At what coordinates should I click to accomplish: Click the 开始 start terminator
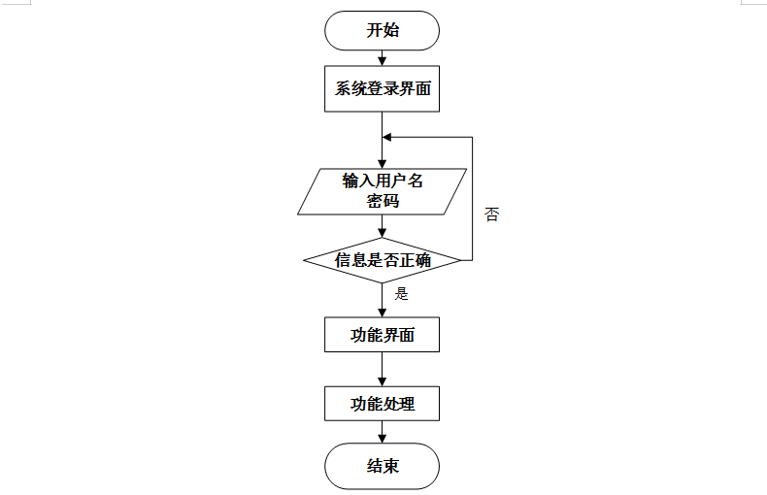(382, 30)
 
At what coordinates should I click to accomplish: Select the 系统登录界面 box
(382, 88)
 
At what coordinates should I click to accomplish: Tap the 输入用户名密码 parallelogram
(382, 192)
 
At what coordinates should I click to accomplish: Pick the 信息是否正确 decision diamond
(382, 260)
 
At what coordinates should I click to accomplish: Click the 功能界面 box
(382, 335)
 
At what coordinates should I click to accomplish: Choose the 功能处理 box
(382, 404)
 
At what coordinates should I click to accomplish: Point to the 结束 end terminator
(382, 466)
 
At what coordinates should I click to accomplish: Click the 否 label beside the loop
(491, 214)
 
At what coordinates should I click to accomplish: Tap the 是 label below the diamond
(401, 293)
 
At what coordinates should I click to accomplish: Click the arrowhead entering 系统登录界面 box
(382, 61)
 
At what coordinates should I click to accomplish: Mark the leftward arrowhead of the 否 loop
(387, 137)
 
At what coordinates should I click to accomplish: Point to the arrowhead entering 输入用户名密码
(382, 164)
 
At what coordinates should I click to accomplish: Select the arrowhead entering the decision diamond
(382, 233)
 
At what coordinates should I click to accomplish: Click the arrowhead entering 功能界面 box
(382, 313)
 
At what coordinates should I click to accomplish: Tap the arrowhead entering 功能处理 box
(382, 381)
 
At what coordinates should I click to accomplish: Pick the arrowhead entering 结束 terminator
(382, 439)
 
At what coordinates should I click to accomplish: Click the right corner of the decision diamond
(461, 260)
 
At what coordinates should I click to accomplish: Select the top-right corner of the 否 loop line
(472, 137)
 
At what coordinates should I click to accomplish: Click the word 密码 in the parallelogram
(383, 201)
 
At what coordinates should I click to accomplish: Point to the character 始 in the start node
(391, 30)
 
